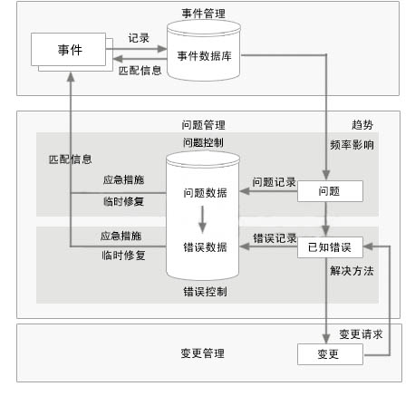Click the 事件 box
pyautogui.click(x=69, y=49)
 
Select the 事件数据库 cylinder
pyautogui.click(x=204, y=51)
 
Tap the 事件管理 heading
pyautogui.click(x=203, y=14)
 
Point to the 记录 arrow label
pyautogui.click(x=139, y=38)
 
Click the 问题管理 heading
pyautogui.click(x=203, y=125)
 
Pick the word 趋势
pyautogui.click(x=362, y=125)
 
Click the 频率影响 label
pyautogui.click(x=352, y=145)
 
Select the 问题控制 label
pyautogui.click(x=203, y=142)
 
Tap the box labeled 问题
pyautogui.click(x=330, y=191)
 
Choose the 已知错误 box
pyautogui.click(x=330, y=247)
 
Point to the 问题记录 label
pyautogui.click(x=274, y=182)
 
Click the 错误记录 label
pyautogui.click(x=275, y=238)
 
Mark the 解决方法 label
pyautogui.click(x=352, y=271)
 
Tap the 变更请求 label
pyautogui.click(x=361, y=334)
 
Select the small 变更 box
pyautogui.click(x=330, y=354)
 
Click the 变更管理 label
pyautogui.click(x=203, y=353)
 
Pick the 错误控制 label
pyautogui.click(x=205, y=292)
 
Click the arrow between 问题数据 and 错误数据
pyautogui.click(x=202, y=219)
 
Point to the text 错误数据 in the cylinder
pyautogui.click(x=205, y=247)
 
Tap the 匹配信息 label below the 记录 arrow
pyautogui.click(x=140, y=71)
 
